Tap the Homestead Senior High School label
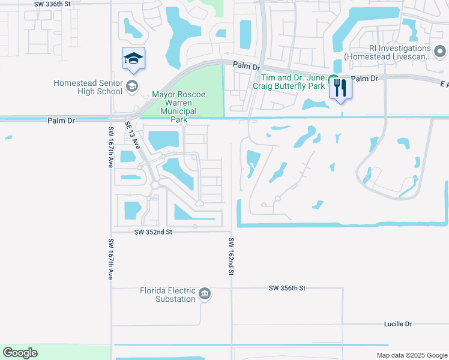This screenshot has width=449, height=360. click(88, 87)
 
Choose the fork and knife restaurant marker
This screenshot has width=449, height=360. click(340, 88)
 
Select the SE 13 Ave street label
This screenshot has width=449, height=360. click(133, 136)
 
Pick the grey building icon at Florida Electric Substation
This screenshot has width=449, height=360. click(205, 293)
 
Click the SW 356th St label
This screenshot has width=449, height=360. click(288, 289)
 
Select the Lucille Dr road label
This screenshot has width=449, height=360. click(398, 324)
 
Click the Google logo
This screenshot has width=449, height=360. click(20, 353)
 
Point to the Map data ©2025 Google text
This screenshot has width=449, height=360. click(411, 355)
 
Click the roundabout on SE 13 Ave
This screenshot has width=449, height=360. click(155, 185)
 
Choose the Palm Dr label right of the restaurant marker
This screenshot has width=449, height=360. click(365, 79)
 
